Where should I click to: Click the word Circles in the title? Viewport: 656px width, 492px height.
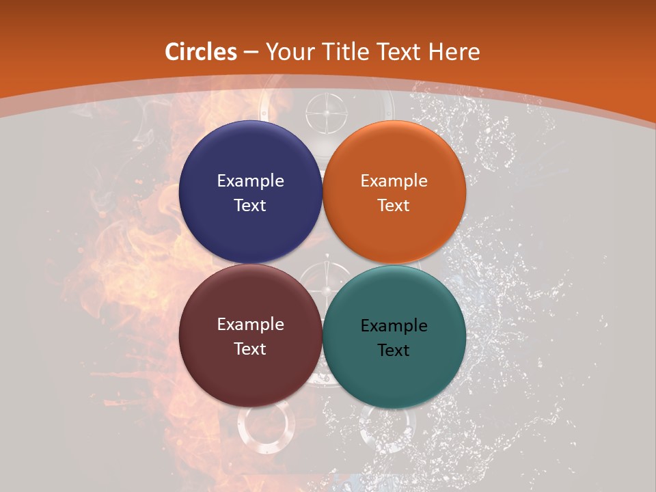[201, 52]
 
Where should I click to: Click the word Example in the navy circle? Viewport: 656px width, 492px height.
[250, 181]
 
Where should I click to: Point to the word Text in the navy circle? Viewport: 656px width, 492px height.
[250, 205]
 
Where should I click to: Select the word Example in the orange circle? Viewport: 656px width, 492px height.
[394, 181]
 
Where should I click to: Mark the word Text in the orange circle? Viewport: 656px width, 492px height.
[394, 205]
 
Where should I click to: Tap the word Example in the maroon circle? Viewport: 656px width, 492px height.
[250, 325]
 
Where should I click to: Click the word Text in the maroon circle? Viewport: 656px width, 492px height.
[250, 348]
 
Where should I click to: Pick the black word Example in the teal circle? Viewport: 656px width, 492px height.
[394, 326]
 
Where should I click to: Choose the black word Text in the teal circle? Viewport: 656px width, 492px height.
[394, 350]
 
